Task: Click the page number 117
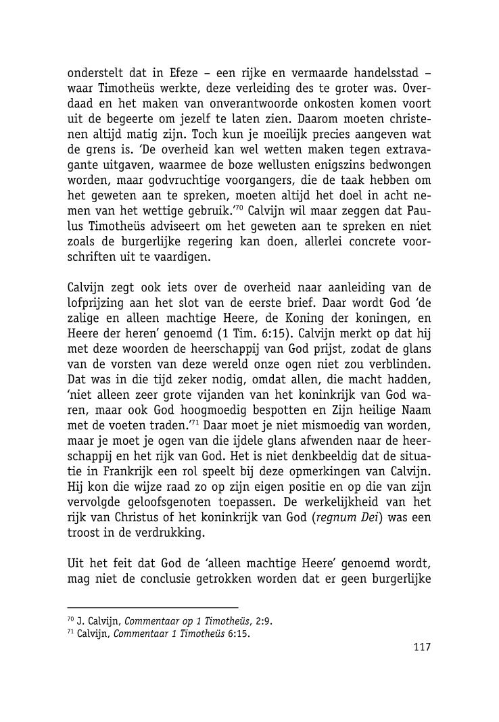point(421,647)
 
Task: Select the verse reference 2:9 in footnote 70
point(264,621)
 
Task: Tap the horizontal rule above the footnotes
point(153,608)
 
